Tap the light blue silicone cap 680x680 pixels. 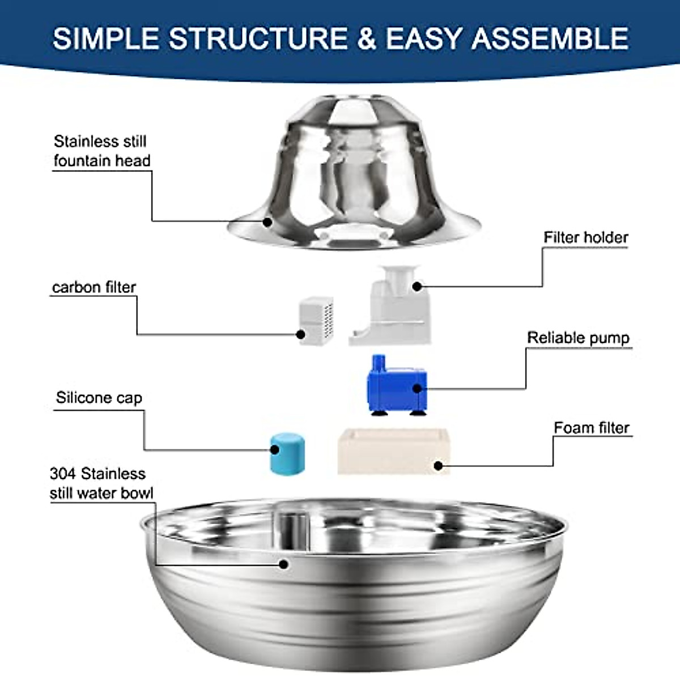click(287, 453)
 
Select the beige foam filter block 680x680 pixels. click(393, 452)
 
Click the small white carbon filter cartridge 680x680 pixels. click(316, 321)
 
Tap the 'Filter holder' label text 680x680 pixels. click(585, 237)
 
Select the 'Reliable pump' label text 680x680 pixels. click(578, 338)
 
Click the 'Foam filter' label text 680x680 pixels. click(591, 428)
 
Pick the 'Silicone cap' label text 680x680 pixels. click(99, 398)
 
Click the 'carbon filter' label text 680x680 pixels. click(94, 287)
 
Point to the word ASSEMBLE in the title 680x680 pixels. click(550, 39)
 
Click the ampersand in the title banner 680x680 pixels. click(367, 39)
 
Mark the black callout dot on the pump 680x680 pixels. click(418, 388)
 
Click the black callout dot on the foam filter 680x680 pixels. click(437, 466)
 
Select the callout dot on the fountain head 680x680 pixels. click(267, 222)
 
